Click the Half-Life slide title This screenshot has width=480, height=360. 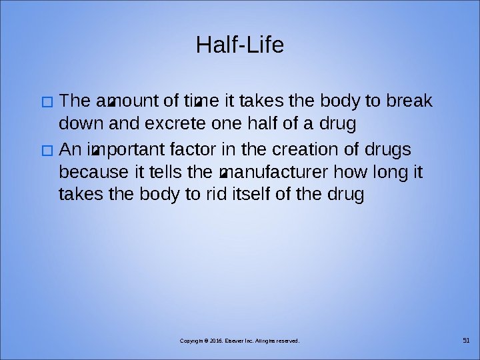[x=240, y=45]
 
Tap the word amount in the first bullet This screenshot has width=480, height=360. [x=119, y=101]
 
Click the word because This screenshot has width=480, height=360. [x=95, y=173]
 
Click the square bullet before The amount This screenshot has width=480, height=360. [x=46, y=103]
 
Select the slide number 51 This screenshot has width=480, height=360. [x=466, y=341]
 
